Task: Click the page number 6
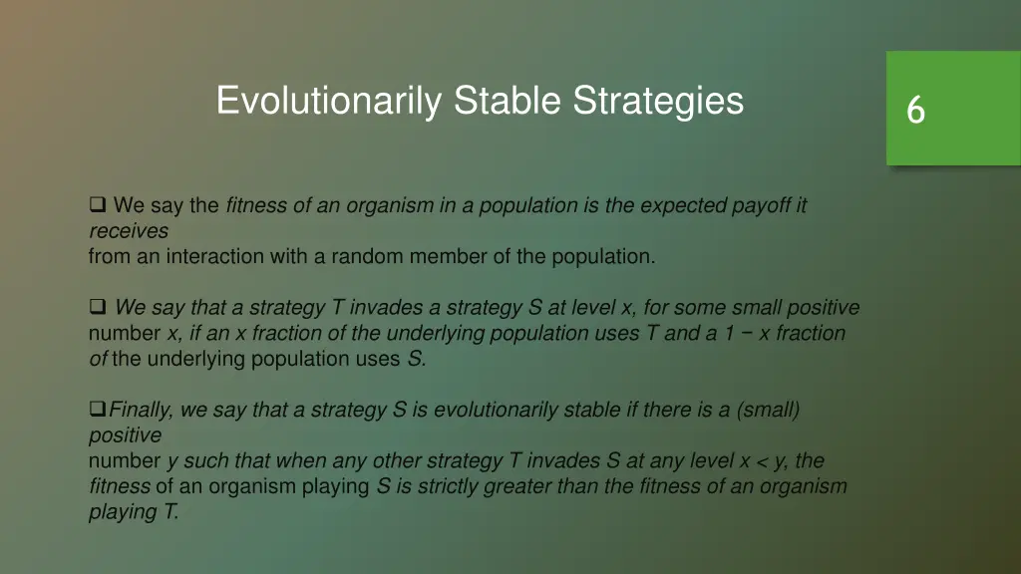point(915,110)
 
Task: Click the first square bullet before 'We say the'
point(98,206)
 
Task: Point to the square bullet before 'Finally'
point(97,410)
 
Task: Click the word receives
point(128,231)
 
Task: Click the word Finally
point(142,410)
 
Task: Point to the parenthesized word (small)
point(769,410)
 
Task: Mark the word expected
point(683,206)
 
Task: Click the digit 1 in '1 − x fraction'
point(731,333)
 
